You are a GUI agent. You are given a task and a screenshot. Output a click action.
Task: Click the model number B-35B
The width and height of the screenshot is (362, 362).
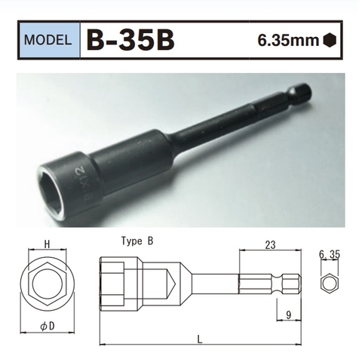[x=131, y=39]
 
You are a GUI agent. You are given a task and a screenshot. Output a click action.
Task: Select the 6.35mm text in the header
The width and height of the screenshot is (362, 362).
[x=287, y=40]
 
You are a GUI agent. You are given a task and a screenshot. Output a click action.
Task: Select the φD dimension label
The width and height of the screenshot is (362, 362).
[x=45, y=327]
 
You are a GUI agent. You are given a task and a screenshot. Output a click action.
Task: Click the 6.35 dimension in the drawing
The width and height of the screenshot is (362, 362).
[x=330, y=255]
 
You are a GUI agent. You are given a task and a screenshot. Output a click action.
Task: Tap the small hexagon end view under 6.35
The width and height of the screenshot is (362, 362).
[x=330, y=285]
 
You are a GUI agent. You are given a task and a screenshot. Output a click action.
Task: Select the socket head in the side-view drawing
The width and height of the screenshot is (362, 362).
[x=121, y=285]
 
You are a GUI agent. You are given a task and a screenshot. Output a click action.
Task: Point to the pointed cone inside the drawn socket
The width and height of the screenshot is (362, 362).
[x=170, y=285]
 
